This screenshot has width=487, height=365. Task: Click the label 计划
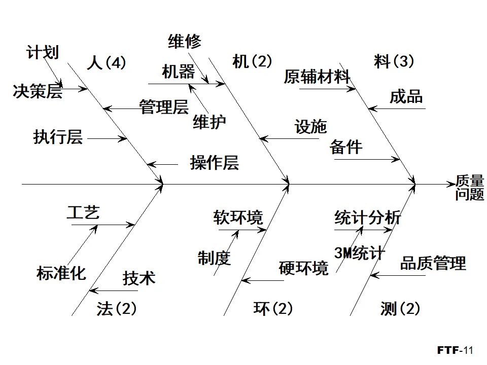pos(43,52)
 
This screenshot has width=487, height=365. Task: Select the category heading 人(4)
pos(106,62)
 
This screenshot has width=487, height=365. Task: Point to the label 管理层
pos(164,107)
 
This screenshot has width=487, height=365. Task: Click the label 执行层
pos(58,137)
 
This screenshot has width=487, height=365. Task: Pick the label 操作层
pos(214,163)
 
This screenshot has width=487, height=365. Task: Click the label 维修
pos(185,41)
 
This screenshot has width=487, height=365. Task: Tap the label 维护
pos(209,122)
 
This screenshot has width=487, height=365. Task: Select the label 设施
pos(310,127)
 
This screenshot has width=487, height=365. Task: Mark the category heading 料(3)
pos(394,61)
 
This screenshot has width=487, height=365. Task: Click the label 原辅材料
pos(317,77)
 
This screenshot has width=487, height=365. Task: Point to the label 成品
pos(406,96)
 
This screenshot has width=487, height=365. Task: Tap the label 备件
pos(346,147)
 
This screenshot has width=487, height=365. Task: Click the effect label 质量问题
pos(469,188)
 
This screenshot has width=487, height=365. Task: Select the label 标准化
pos(61,273)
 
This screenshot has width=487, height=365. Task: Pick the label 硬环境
pos(303,267)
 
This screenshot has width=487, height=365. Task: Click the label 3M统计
pos(359,253)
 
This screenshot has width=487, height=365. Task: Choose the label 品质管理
pos(433,263)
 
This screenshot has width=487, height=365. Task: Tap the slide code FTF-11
pos(455,350)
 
